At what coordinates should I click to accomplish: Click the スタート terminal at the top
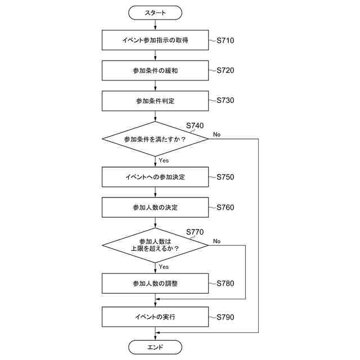click(x=155, y=12)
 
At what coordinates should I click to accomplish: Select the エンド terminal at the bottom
click(x=155, y=347)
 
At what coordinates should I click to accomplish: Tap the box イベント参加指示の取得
click(x=155, y=40)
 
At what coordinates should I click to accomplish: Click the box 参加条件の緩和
click(x=155, y=71)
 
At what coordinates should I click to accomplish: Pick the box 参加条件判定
click(x=155, y=101)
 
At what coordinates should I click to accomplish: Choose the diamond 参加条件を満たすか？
click(x=155, y=138)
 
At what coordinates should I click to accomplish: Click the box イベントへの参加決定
click(x=155, y=177)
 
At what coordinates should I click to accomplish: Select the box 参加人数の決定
click(x=155, y=208)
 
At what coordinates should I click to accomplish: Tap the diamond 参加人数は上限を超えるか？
click(x=155, y=245)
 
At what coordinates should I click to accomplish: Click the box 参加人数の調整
click(x=155, y=283)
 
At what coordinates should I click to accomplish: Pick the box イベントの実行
click(x=155, y=317)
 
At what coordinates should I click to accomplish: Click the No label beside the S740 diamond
click(x=217, y=134)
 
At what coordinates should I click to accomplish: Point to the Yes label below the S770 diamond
click(x=164, y=267)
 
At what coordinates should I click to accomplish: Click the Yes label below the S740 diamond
click(x=164, y=160)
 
